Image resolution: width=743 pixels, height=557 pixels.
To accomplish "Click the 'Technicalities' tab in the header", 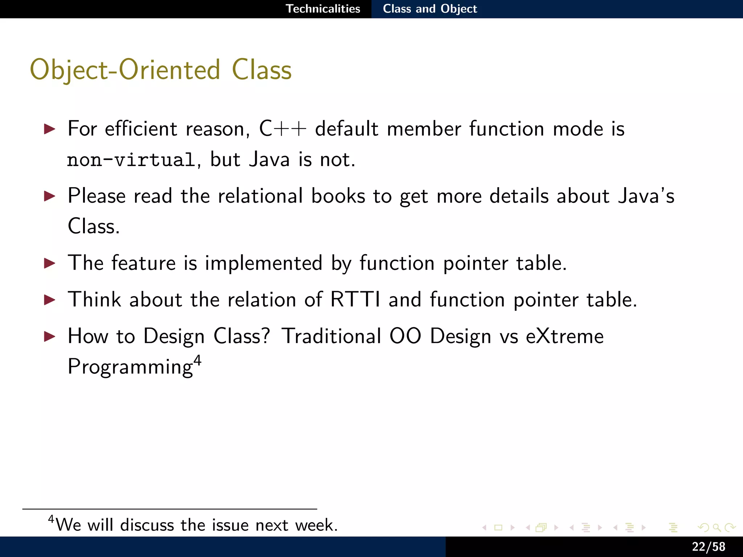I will coord(323,9).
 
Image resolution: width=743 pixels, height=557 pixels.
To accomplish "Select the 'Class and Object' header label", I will coord(430,9).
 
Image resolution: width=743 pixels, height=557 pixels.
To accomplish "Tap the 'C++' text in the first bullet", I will coord(283,129).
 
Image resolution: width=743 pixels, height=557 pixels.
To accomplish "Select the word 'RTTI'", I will coord(355,300).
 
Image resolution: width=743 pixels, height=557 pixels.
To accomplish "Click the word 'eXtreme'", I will coord(565,336).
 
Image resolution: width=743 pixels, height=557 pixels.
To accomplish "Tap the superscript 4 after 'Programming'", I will coord(197,360).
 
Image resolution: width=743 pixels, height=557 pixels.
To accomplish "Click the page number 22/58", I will coord(708,546).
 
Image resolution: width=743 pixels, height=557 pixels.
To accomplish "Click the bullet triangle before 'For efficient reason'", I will coord(49,129).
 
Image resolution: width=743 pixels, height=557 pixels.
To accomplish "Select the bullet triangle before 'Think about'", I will coord(49,300).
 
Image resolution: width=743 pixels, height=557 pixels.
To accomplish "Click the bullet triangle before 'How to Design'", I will coord(49,336).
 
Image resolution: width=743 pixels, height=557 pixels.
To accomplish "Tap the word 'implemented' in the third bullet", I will coord(263,263).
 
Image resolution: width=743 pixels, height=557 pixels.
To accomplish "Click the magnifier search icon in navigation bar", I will coord(717,527).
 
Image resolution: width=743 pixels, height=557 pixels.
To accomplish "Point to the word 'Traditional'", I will coord(331,336).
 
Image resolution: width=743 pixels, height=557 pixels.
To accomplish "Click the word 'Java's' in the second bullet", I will coord(646,196).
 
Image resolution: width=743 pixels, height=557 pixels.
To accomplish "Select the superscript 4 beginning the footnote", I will coord(51,519).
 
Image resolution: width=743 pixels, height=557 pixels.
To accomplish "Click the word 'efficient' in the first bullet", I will coord(141,129).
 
